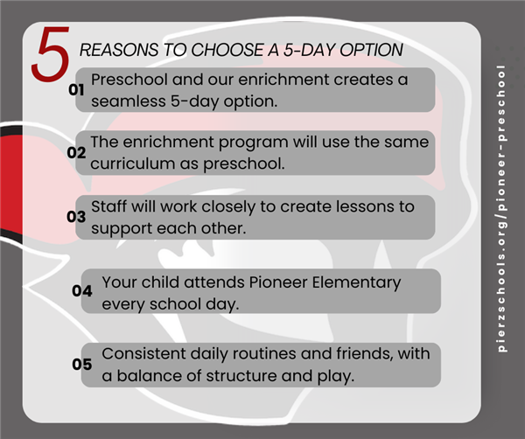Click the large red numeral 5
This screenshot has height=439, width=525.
coord(51,53)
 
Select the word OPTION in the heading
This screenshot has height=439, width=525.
coord(371,50)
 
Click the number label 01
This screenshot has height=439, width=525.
coord(76,90)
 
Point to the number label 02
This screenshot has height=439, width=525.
coord(76,152)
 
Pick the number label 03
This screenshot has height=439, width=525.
coord(76,217)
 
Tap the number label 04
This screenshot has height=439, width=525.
coord(82,290)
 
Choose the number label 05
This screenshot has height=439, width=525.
coord(82,365)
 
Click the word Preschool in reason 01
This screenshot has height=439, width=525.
coord(129,80)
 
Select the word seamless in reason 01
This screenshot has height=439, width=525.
coord(129,101)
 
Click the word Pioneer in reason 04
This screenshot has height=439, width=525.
coord(278,282)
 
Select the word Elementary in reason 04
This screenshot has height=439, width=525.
coord(356,283)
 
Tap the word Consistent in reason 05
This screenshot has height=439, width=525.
coord(143,353)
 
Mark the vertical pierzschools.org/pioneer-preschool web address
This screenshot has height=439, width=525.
coord(501,208)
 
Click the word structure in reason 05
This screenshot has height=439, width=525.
coord(241,376)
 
